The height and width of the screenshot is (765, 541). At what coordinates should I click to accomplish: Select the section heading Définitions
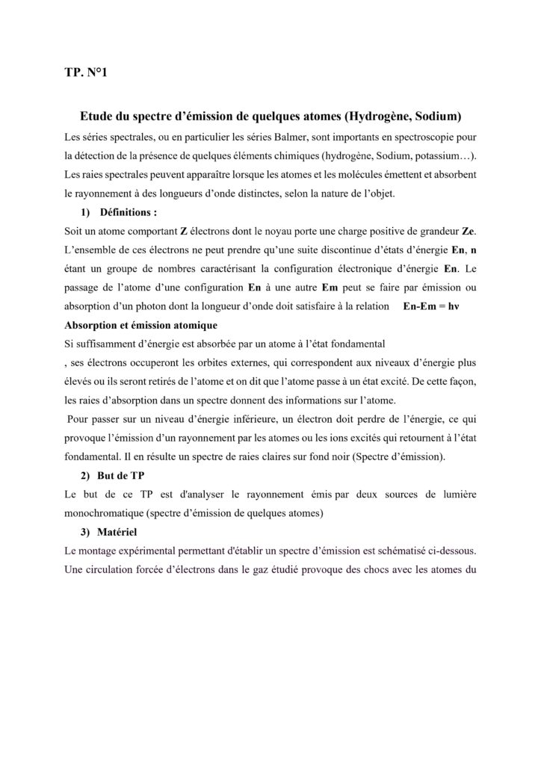[126, 211]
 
